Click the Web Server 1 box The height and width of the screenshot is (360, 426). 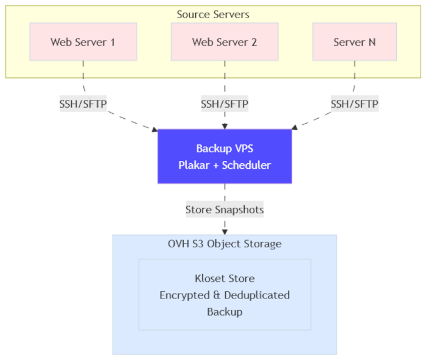point(83,42)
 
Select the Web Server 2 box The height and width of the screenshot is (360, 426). point(225,42)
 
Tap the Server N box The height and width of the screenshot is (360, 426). point(354,42)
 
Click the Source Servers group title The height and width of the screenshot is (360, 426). point(213,14)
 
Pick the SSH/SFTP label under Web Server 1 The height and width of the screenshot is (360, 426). point(83,104)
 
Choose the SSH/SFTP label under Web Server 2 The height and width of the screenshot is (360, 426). point(225,104)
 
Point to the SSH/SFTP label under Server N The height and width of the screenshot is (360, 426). point(354,104)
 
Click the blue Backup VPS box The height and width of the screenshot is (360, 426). point(225,156)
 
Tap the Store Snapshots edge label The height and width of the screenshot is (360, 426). point(225,210)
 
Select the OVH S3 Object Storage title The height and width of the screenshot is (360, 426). point(225,244)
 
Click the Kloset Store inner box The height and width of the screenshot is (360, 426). point(225,295)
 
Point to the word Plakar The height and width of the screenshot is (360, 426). point(195,165)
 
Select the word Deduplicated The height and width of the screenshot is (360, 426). point(256,295)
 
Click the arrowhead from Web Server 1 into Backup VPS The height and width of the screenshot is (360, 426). point(155,129)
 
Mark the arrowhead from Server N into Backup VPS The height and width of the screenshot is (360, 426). point(295,128)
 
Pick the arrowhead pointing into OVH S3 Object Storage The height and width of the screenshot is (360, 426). point(225,231)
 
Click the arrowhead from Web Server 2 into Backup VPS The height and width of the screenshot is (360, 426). point(225,126)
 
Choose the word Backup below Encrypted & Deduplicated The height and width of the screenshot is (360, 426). point(225,312)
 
